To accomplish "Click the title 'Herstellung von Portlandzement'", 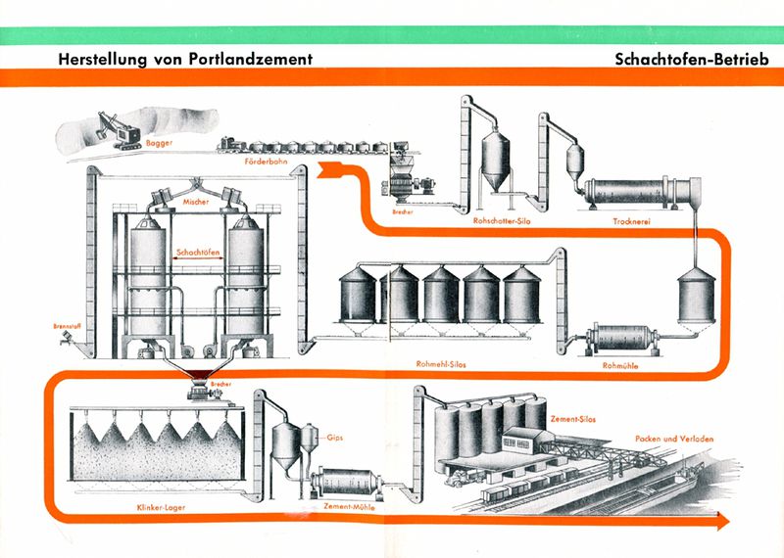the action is (185, 59).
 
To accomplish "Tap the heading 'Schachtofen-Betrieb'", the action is (692, 59).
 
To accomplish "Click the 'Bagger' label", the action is (159, 143).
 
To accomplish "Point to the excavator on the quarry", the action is (119, 130).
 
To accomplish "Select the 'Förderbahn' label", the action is (266, 162).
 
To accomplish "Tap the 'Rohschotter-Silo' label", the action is (502, 221).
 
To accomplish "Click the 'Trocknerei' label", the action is (631, 221).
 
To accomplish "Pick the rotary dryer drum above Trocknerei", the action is (643, 190).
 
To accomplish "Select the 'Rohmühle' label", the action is (620, 366).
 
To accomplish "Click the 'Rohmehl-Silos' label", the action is (440, 364).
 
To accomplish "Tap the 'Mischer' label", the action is (195, 202).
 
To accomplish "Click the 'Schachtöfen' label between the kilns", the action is (198, 253).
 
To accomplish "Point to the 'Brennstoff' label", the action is (67, 326).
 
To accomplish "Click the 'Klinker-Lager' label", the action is (161, 507).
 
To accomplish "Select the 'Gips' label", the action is (334, 439).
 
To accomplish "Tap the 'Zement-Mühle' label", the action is (349, 506).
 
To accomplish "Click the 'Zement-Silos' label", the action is (573, 419).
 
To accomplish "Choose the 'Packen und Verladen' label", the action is (674, 439).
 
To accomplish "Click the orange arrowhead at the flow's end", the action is (723, 521).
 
